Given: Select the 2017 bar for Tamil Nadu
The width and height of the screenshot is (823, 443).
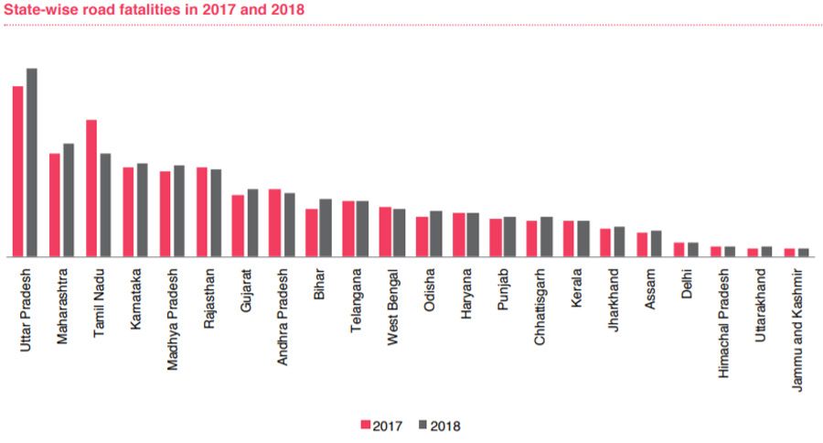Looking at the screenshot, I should point(91,189).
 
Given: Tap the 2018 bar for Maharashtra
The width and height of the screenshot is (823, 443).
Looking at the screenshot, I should point(69,200).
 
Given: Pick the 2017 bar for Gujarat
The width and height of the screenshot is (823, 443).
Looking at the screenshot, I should point(238,226).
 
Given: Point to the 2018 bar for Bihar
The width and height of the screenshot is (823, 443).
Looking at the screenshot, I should point(326,228).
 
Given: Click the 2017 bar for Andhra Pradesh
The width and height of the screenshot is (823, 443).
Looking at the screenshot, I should point(274,223).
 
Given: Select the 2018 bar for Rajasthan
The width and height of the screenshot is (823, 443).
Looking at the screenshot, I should point(216,213).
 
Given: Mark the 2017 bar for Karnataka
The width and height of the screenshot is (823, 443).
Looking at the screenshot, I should point(128,212).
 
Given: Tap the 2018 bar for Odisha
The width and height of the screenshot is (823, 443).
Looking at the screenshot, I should point(436,234).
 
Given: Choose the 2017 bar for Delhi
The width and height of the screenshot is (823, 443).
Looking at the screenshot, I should point(679,250).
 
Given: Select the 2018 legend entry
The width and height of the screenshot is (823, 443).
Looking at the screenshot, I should point(439,426).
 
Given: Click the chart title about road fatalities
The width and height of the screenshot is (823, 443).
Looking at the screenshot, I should point(155,9).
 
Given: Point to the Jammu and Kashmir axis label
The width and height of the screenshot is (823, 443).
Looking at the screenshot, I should point(797,330).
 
